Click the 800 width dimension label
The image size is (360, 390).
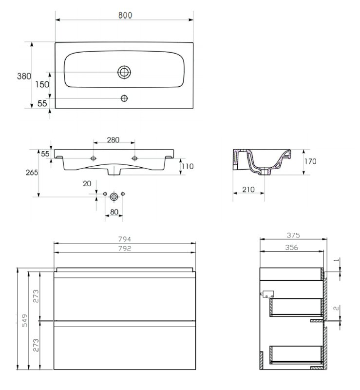click(x=125, y=15)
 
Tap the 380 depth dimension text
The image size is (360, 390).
click(x=24, y=76)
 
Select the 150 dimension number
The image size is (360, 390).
click(x=42, y=84)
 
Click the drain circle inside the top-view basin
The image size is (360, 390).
click(x=124, y=72)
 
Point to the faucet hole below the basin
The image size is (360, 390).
click(x=124, y=98)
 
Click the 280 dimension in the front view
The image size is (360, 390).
click(x=113, y=140)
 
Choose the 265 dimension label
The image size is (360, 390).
click(x=32, y=173)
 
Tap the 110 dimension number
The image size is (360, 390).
click(x=188, y=166)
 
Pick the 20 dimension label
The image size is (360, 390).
click(x=87, y=184)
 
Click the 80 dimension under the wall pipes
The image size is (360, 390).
click(x=114, y=212)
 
